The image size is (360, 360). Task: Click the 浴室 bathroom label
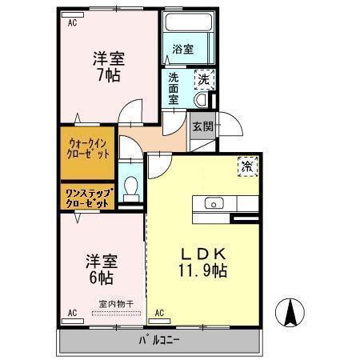(182, 50)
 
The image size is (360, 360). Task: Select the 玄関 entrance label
(202, 126)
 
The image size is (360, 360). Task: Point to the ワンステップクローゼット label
(87, 198)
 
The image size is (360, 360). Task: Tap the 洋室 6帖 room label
(100, 270)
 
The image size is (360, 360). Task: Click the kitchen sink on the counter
(214, 203)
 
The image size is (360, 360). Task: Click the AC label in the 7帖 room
(72, 22)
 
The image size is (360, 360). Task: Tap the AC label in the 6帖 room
(72, 312)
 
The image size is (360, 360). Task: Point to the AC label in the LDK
(158, 312)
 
